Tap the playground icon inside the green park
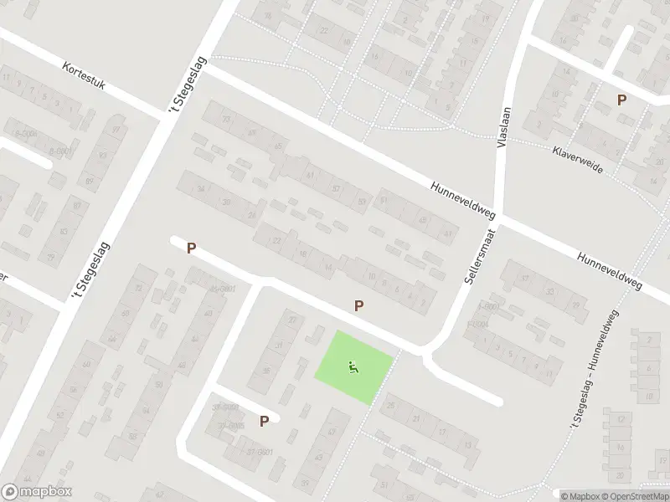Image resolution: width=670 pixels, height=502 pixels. (x=353, y=366)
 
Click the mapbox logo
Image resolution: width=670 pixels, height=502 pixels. (x=37, y=492)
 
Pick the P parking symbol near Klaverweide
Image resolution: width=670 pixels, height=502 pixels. (x=621, y=100)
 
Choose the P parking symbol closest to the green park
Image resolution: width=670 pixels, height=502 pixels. (x=359, y=306)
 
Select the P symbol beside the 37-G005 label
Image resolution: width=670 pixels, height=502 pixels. (x=265, y=422)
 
